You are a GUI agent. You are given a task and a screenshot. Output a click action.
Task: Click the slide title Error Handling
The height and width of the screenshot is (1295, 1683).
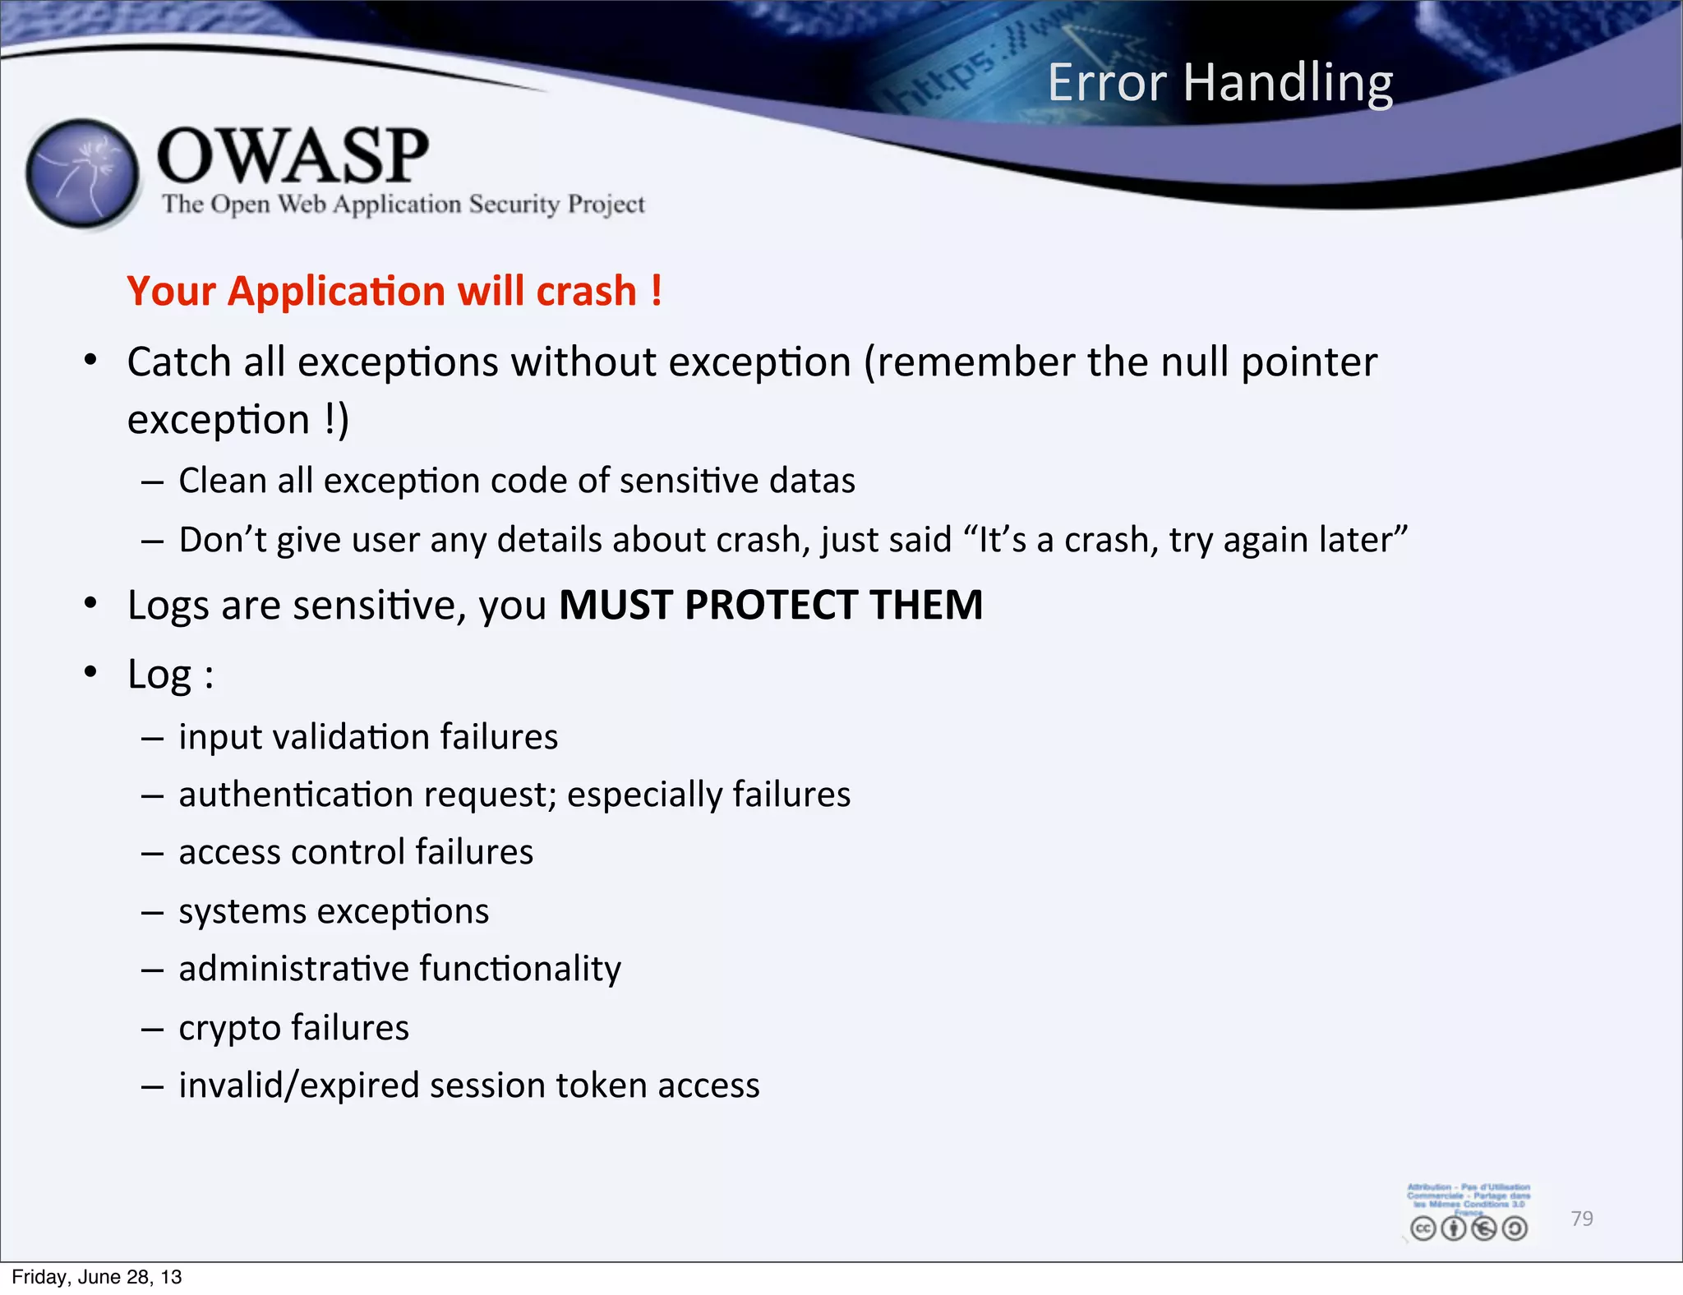pyautogui.click(x=1220, y=83)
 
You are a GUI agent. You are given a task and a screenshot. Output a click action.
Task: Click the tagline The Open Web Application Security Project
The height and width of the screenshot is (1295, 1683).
pyautogui.click(x=403, y=204)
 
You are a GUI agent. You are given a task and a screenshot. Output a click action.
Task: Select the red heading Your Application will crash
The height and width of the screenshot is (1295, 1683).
pyautogui.click(x=394, y=291)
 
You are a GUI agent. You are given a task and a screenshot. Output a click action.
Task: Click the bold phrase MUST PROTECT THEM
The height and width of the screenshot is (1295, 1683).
pyautogui.click(x=770, y=606)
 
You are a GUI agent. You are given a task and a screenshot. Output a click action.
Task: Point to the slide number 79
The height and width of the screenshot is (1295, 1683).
pyautogui.click(x=1581, y=1218)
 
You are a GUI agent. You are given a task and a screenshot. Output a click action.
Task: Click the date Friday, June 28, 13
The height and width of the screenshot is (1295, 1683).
pyautogui.click(x=96, y=1277)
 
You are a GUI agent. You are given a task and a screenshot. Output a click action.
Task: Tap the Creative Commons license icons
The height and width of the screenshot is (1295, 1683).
pyautogui.click(x=1469, y=1228)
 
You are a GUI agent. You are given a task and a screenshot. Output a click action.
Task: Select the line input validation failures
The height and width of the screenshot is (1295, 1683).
pyautogui.click(x=368, y=737)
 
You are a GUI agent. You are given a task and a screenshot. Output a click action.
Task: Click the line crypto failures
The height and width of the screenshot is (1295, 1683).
pyautogui.click(x=293, y=1028)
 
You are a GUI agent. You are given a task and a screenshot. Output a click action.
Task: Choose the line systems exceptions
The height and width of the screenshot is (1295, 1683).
pyautogui.click(x=334, y=911)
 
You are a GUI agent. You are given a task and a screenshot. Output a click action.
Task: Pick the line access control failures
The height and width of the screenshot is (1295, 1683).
pyautogui.click(x=356, y=852)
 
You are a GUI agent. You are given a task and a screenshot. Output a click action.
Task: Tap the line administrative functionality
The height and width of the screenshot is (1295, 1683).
pyautogui.click(x=399, y=969)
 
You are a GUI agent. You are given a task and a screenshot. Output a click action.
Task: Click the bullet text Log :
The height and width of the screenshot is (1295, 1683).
pyautogui.click(x=170, y=675)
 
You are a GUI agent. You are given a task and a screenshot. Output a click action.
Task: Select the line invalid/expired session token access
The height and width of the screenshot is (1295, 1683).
pyautogui.click(x=468, y=1085)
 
